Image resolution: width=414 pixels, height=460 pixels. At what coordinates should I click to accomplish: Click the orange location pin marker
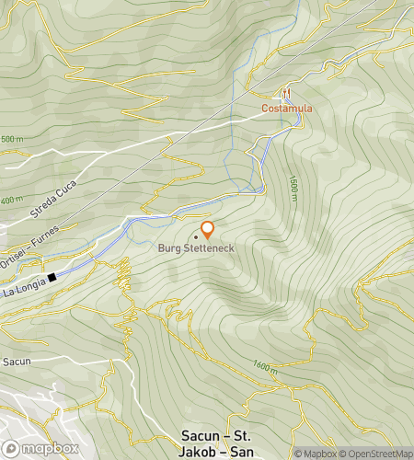(207, 230)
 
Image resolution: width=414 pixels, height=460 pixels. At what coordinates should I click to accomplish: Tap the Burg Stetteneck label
(195, 248)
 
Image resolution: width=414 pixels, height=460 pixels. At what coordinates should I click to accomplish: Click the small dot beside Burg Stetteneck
(195, 236)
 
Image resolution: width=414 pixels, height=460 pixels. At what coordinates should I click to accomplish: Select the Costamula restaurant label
(287, 108)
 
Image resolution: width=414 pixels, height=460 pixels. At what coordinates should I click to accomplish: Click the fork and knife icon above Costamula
(287, 93)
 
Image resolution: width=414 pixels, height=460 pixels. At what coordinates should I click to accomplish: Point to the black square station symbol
(53, 276)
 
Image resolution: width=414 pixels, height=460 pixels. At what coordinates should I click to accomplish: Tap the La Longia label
(23, 288)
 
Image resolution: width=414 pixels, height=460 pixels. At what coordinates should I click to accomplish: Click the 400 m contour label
(11, 200)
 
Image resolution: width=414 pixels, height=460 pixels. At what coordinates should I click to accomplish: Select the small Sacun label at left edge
(16, 362)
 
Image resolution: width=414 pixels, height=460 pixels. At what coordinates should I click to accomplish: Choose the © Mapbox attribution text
(316, 453)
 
